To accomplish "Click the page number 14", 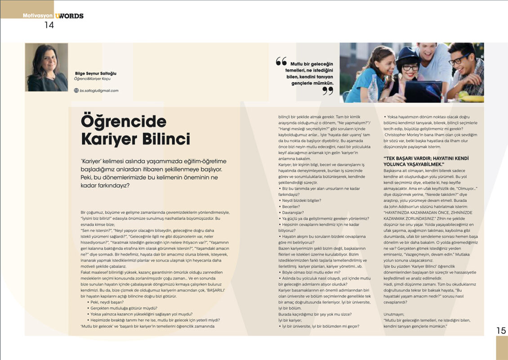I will point(49,25).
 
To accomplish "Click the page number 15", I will point(501,330).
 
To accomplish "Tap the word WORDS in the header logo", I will point(71,16).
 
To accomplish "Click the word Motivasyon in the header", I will point(38,16).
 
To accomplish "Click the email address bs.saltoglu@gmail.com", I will point(99,90).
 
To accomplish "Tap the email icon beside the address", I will point(76,90).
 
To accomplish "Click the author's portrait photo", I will point(46,67).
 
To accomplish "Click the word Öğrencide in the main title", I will point(123,121).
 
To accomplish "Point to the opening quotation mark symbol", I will point(281,61).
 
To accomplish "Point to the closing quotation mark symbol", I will point(328,91).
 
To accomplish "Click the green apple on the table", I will point(462,94).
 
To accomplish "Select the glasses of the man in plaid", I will point(458,59).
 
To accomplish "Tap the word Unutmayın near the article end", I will point(395,314).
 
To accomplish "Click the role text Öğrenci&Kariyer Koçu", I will point(93,79).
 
